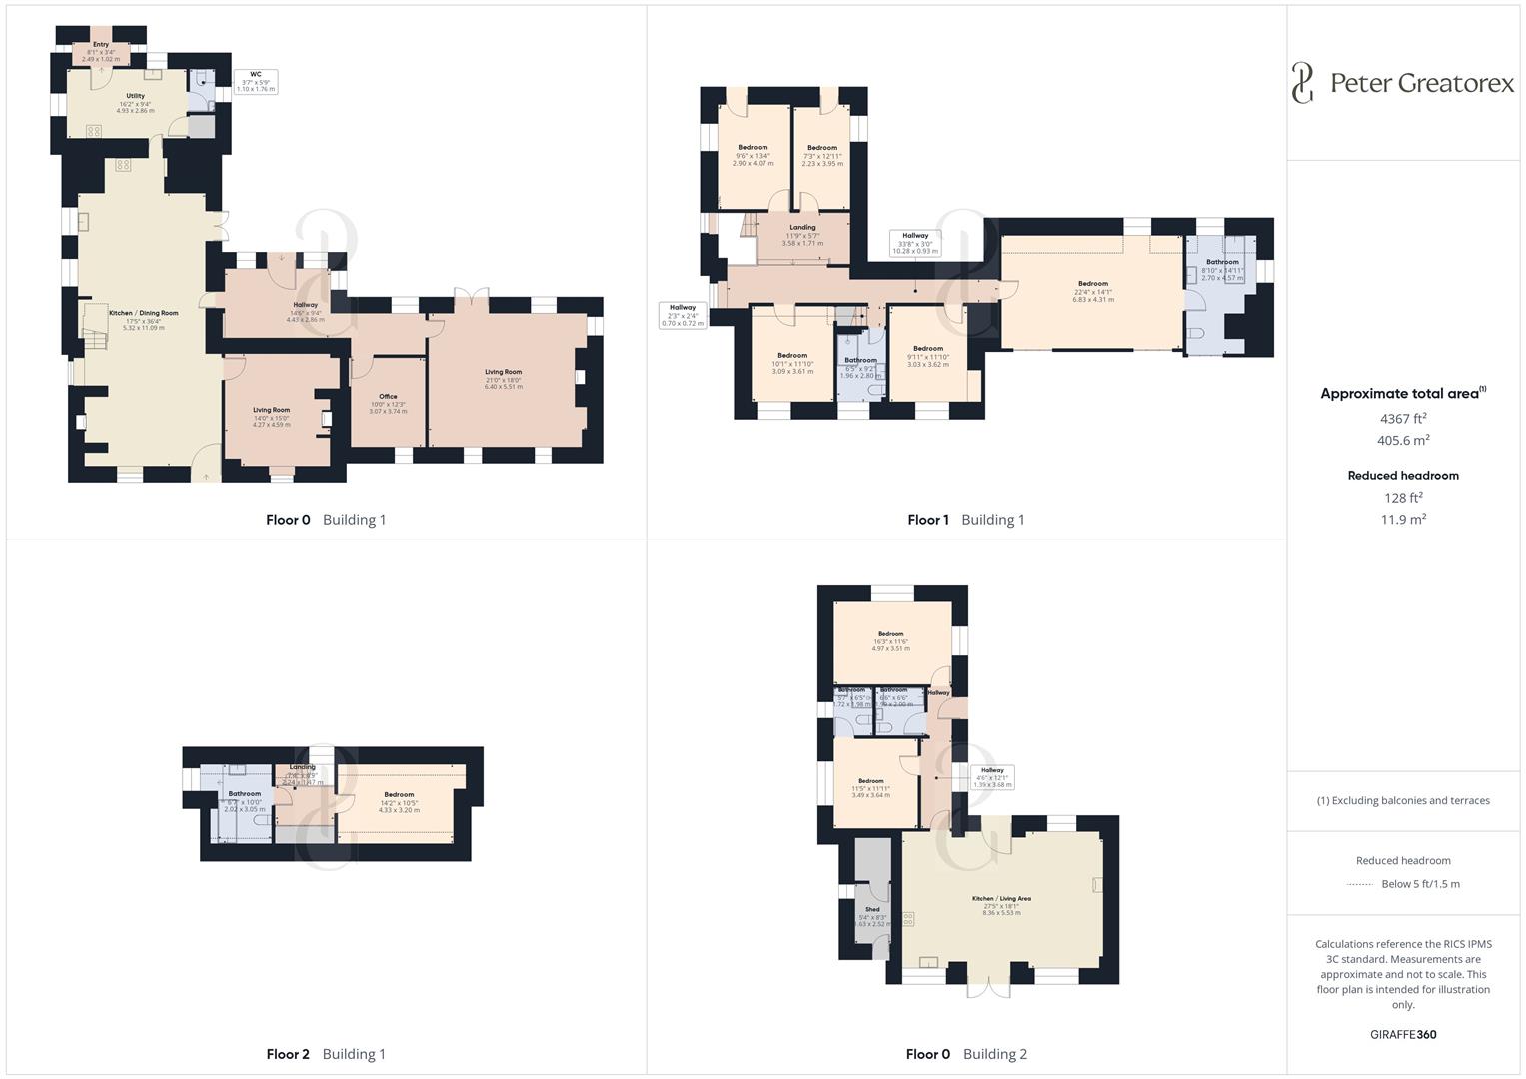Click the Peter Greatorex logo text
click(x=1421, y=83)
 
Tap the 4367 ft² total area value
click(x=1403, y=419)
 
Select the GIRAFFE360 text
click(x=1403, y=1034)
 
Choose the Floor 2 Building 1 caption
click(x=326, y=1054)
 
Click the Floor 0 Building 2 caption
click(x=966, y=1054)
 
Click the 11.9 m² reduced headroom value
click(x=1403, y=520)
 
